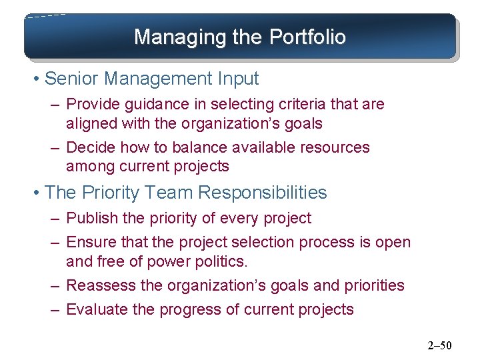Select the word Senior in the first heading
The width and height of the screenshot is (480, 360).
pyautogui.click(x=73, y=79)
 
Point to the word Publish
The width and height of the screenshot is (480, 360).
pyautogui.click(x=92, y=218)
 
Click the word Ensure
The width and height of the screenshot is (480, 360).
pyautogui.click(x=90, y=243)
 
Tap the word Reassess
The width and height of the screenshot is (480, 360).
pyautogui.click(x=98, y=285)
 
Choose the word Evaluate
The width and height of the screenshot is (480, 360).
pyautogui.click(x=95, y=309)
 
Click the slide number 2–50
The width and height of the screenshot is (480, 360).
pyautogui.click(x=439, y=345)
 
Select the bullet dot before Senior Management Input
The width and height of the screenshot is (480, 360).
pyautogui.click(x=35, y=79)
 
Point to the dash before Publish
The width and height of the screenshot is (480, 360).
pyautogui.click(x=53, y=219)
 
